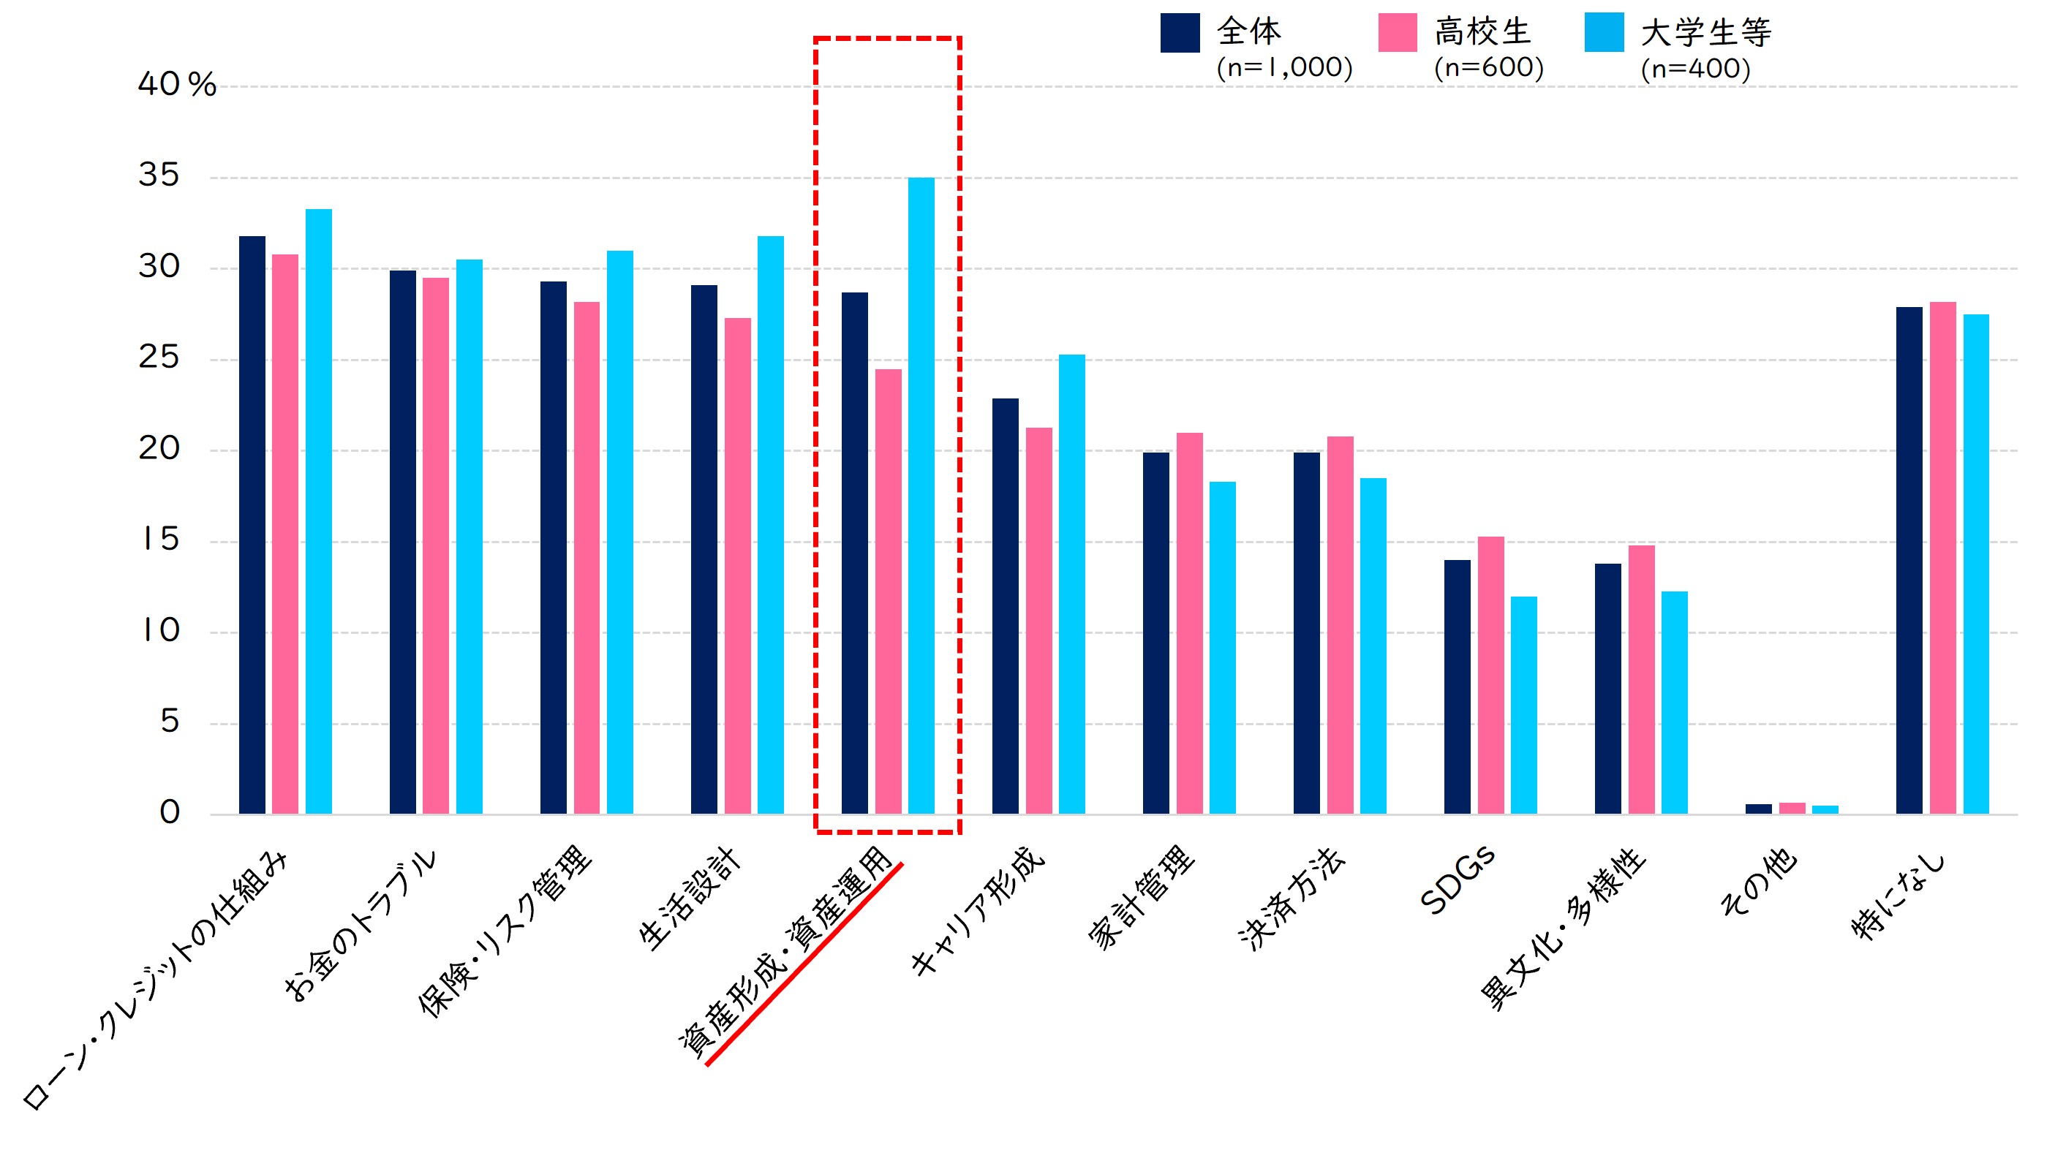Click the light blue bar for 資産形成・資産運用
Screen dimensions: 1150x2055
coord(921,494)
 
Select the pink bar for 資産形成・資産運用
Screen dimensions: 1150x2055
coord(888,590)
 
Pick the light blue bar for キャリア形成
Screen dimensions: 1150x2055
coord(1071,583)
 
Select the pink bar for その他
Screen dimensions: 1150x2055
coord(1792,808)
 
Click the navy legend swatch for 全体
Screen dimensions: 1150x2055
coord(1180,33)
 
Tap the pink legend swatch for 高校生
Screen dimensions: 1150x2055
coord(1397,33)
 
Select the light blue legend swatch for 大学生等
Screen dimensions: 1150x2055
coord(1604,33)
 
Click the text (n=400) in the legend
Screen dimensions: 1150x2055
coord(1695,69)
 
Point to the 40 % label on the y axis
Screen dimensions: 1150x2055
coord(176,85)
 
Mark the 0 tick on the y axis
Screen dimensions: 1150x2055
coord(170,813)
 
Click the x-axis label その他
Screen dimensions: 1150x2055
coord(1759,881)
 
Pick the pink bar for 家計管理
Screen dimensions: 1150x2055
coord(1188,623)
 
